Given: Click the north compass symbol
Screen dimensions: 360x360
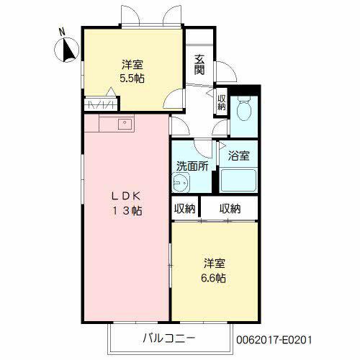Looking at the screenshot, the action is [x=67, y=50].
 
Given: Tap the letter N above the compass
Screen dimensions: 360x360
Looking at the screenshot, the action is [x=62, y=32].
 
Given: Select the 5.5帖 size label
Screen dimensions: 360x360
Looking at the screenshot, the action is [x=132, y=78].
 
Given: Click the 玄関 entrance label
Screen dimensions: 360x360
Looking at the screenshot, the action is [x=199, y=65].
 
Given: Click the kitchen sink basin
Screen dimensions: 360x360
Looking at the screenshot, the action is [x=125, y=124].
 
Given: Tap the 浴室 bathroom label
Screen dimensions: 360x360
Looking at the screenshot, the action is [x=238, y=156].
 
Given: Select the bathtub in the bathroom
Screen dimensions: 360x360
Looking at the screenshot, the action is [x=238, y=180].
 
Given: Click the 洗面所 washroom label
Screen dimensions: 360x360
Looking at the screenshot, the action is [x=192, y=166].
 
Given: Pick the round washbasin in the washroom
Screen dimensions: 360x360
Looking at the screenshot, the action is [x=181, y=182].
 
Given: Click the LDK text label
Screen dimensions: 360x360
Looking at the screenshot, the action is [x=126, y=197].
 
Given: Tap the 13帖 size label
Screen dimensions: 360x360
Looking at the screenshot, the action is [x=127, y=211].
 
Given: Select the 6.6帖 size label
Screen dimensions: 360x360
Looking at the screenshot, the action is [x=213, y=278].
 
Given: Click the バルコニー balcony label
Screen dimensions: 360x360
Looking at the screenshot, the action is [x=169, y=338].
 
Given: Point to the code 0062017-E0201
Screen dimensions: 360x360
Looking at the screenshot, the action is [x=274, y=340].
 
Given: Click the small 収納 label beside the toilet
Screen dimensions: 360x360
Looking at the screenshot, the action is [x=222, y=102].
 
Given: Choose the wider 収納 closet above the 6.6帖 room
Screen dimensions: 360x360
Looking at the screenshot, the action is [x=230, y=209].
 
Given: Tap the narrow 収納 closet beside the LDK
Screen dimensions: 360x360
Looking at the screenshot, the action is [x=185, y=209].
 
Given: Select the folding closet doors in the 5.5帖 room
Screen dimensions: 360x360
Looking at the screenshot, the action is [x=101, y=105].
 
